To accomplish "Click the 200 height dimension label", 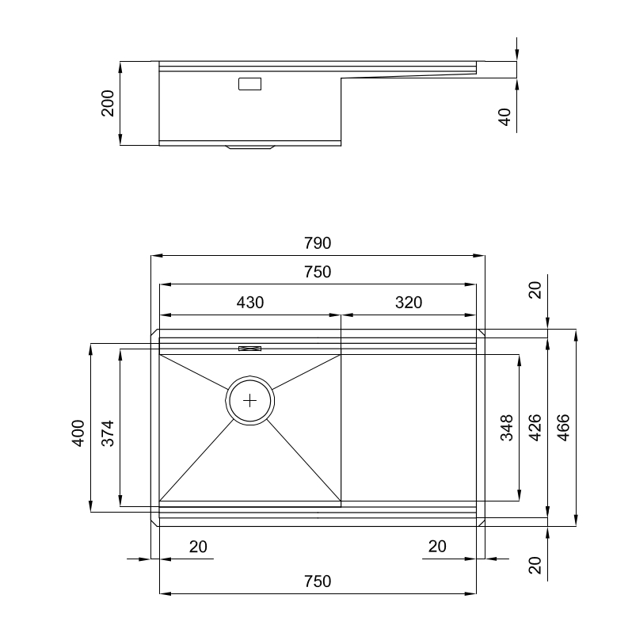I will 108,103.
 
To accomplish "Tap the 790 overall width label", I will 317,242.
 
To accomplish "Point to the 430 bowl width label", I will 250,302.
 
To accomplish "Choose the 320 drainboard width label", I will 409,302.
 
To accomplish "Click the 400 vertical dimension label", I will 78,433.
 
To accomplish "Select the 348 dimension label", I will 507,428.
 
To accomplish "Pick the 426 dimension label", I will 535,428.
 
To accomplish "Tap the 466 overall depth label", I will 563,428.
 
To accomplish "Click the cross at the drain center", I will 250,400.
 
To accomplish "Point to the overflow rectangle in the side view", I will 250,82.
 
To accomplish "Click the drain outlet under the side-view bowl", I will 250,147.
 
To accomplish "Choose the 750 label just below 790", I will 317,272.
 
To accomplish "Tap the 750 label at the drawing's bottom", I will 317,581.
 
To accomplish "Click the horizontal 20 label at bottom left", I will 198,546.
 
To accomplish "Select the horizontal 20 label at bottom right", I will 436,546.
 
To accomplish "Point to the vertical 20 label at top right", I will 535,290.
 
